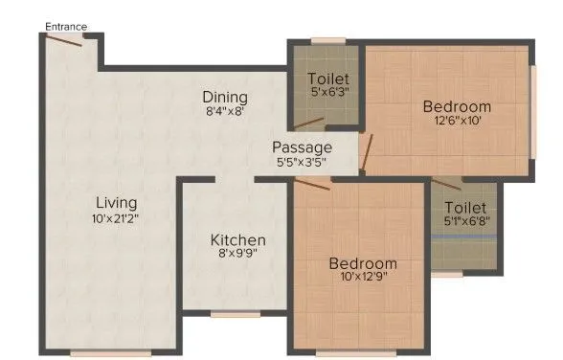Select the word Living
pos(116,203)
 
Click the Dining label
pos(225,97)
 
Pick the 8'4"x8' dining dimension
pos(225,112)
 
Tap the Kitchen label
pos(238,239)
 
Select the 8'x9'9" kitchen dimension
pos(238,255)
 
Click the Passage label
pos(302,147)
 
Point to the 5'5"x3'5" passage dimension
pos(302,163)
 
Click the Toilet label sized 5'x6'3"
pos(327,78)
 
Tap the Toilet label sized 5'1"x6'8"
pos(465,207)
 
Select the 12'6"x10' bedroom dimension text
pos(457,122)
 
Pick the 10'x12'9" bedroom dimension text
pos(363,278)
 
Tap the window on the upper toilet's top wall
pos(327,40)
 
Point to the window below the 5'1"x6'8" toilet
pos(446,273)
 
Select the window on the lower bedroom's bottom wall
pos(355,351)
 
